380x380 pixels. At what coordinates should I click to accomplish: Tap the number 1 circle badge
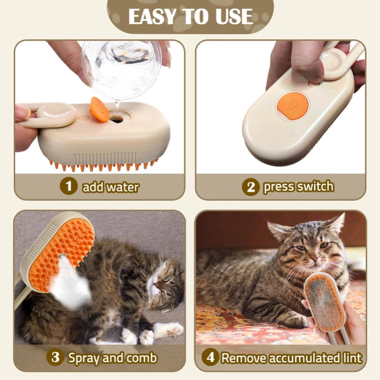pyautogui.click(x=68, y=186)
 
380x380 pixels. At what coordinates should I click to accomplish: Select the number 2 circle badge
pyautogui.click(x=251, y=187)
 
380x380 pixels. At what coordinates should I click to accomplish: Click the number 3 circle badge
pyautogui.click(x=56, y=357)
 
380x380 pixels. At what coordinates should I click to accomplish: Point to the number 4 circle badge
pyautogui.click(x=210, y=357)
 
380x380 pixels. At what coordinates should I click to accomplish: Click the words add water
pyautogui.click(x=110, y=187)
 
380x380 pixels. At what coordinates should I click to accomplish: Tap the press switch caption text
pyautogui.click(x=298, y=187)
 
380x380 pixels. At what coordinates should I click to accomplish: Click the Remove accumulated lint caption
pyautogui.click(x=291, y=357)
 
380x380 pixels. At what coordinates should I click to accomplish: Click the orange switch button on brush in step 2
pyautogui.click(x=293, y=104)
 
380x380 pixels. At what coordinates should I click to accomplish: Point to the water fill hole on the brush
pyautogui.click(x=117, y=118)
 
